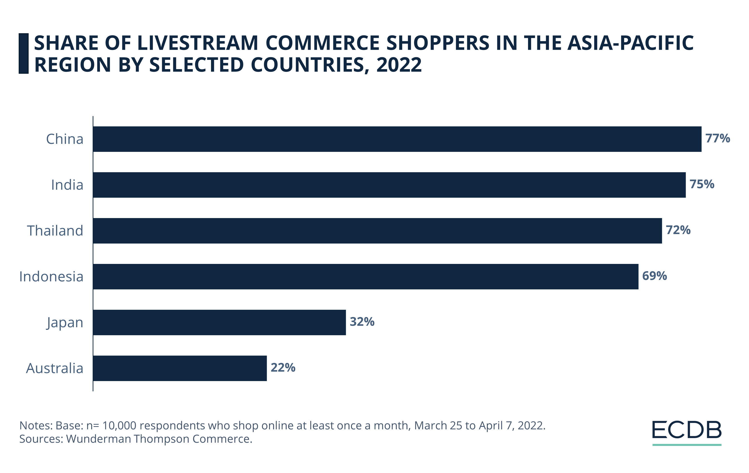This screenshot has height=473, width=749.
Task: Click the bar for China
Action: pyautogui.click(x=397, y=139)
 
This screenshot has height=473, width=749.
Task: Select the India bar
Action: pyautogui.click(x=389, y=185)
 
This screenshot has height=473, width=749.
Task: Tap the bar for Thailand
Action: pyautogui.click(x=377, y=231)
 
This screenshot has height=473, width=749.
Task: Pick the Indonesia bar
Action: pyautogui.click(x=366, y=277)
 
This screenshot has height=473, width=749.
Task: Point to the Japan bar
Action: pyautogui.click(x=219, y=322)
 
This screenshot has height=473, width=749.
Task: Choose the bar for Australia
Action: pyautogui.click(x=180, y=368)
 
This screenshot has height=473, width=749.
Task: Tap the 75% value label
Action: pyautogui.click(x=702, y=184)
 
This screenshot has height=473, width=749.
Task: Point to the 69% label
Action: pyautogui.click(x=654, y=276)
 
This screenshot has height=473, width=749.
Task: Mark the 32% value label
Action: pyautogui.click(x=362, y=322)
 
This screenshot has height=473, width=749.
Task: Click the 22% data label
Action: pyautogui.click(x=283, y=367)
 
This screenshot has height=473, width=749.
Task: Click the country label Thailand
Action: pyautogui.click(x=55, y=231)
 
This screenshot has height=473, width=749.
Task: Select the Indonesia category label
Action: pyautogui.click(x=51, y=277)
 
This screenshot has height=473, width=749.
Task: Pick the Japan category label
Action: pyautogui.click(x=65, y=322)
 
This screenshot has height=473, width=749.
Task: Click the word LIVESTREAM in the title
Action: pyautogui.click(x=197, y=43)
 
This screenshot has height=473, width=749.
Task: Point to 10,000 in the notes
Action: pyautogui.click(x=119, y=425)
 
